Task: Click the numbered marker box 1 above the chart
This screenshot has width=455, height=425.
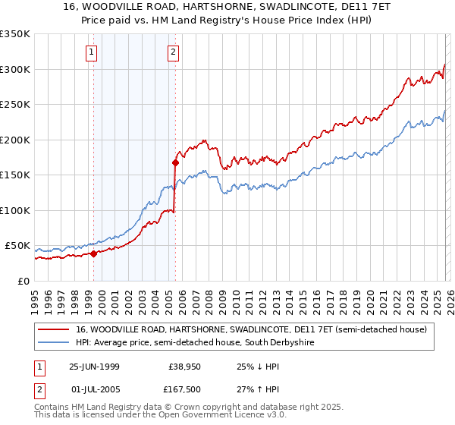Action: pyautogui.click(x=91, y=52)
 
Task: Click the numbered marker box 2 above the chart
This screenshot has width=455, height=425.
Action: pyautogui.click(x=174, y=52)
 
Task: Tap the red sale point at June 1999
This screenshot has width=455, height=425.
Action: pyautogui.click(x=94, y=253)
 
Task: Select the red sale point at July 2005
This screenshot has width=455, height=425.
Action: pyautogui.click(x=175, y=162)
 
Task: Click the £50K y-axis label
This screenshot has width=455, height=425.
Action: pyautogui.click(x=17, y=246)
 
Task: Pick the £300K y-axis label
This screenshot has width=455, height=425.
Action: pyautogui.click(x=14, y=69)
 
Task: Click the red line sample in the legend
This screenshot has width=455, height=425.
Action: pyautogui.click(x=55, y=329)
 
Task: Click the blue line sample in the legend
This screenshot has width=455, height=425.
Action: pyautogui.click(x=55, y=343)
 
